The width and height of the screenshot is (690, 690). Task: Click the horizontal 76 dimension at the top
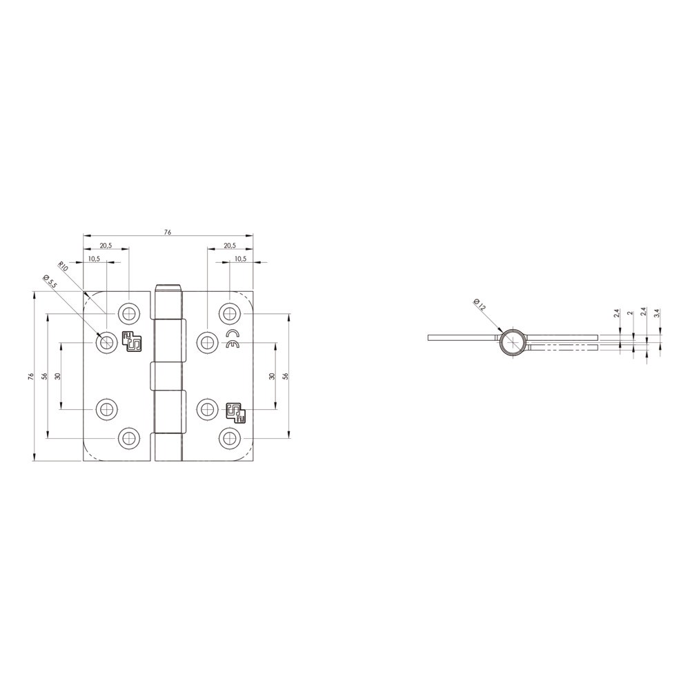[168, 232]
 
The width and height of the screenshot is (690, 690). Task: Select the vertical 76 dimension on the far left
[30, 376]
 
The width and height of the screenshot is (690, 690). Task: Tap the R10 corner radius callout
[63, 266]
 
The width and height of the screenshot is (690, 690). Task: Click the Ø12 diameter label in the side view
[480, 304]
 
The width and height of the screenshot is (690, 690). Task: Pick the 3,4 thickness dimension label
[657, 313]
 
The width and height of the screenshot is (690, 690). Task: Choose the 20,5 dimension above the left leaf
[106, 246]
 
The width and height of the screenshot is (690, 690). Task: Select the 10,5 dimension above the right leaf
[241, 259]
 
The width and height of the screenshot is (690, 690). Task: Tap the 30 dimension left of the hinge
[58, 376]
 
